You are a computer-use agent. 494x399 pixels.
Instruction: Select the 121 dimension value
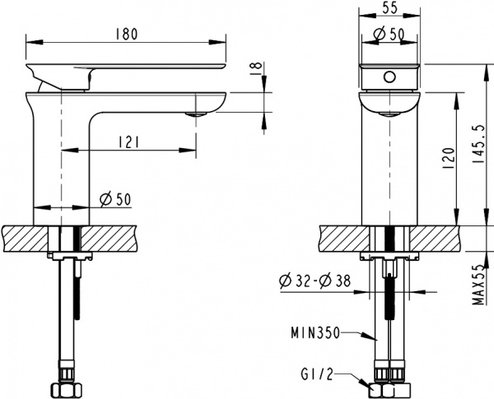click(x=126, y=142)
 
